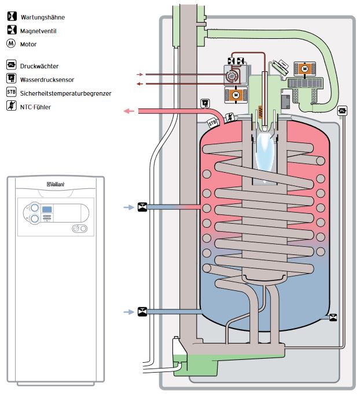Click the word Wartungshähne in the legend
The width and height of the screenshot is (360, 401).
pos(45,17)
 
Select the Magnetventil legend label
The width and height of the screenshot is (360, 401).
pos(38,31)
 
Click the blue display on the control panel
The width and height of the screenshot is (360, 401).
pos(50,209)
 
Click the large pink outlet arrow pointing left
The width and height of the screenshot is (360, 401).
pos(131,111)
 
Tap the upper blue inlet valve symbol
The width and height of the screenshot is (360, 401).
pos(142,206)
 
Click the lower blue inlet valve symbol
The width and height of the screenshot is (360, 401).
pos(142,312)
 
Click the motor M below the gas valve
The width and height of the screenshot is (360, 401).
pos(236,93)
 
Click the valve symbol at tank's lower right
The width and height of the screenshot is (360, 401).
pos(333,318)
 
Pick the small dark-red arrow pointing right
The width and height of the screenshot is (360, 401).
pos(139,75)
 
